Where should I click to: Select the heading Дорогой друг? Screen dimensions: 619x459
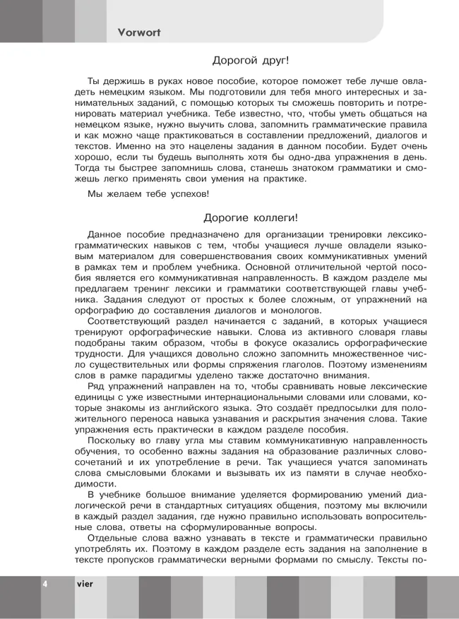pos(251,61)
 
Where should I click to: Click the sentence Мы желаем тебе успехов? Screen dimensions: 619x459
pos(148,193)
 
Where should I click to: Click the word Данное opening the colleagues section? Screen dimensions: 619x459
pos(106,234)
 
